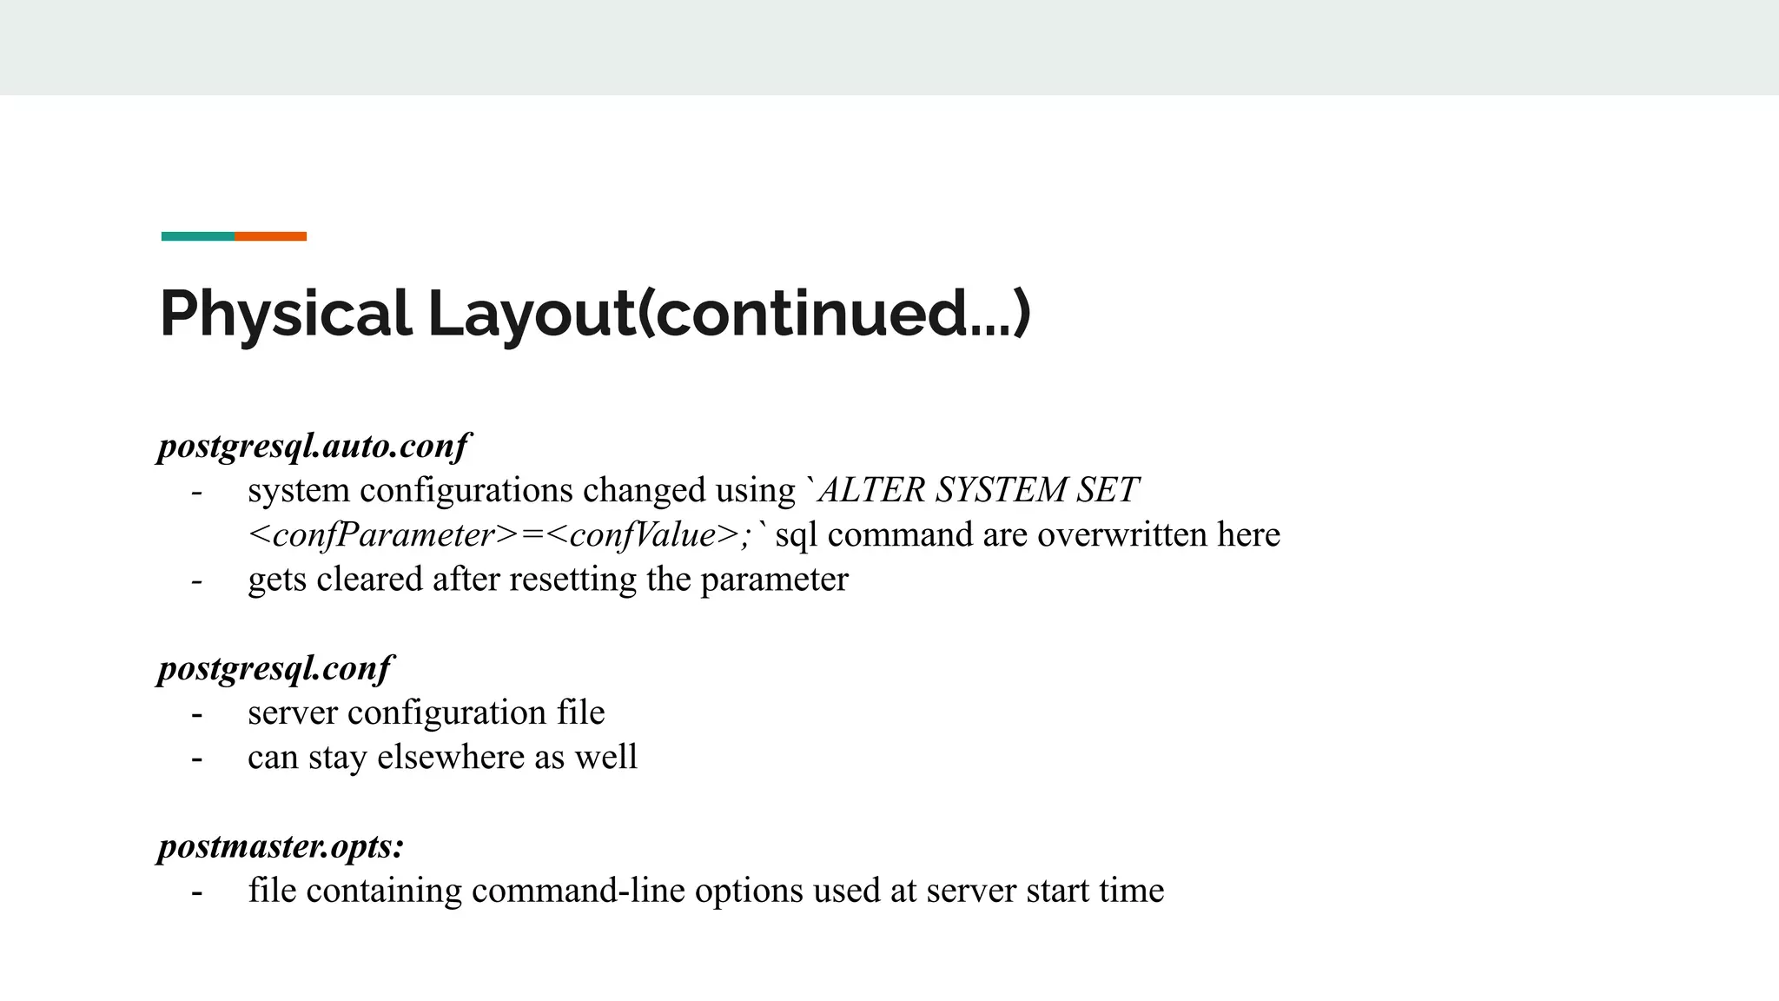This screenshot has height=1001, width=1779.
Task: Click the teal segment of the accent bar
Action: pos(198,236)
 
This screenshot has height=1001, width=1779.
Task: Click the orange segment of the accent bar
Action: pos(270,236)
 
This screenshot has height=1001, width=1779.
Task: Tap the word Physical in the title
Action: pos(285,314)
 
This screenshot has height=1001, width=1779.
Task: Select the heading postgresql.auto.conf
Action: pos(314,446)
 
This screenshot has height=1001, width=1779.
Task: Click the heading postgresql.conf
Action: pos(275,668)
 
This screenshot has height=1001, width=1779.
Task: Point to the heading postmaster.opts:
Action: pos(281,846)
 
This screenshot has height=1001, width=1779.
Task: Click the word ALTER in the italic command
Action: pos(872,490)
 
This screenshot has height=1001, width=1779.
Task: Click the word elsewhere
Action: pos(450,757)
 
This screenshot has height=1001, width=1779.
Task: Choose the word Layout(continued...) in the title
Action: pos(729,314)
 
